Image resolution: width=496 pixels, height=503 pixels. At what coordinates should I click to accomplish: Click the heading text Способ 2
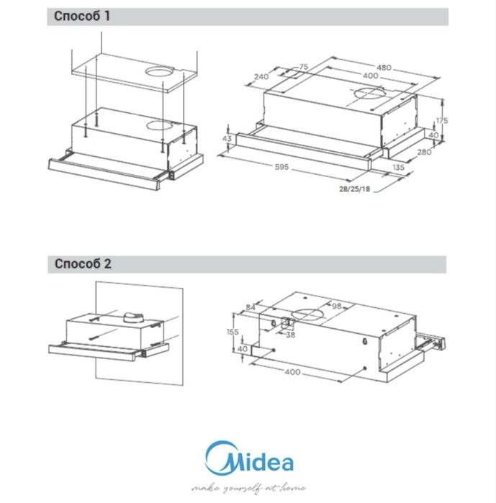(x=83, y=263)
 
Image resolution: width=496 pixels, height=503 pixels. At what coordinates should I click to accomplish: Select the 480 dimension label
(x=384, y=67)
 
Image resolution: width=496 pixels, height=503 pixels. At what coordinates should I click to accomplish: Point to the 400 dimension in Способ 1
(x=370, y=76)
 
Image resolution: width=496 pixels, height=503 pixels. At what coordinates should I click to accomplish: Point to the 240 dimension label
(x=261, y=76)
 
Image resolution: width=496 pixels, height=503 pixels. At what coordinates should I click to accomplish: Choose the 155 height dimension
(x=231, y=332)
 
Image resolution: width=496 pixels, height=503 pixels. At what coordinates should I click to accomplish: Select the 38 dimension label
(x=290, y=333)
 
